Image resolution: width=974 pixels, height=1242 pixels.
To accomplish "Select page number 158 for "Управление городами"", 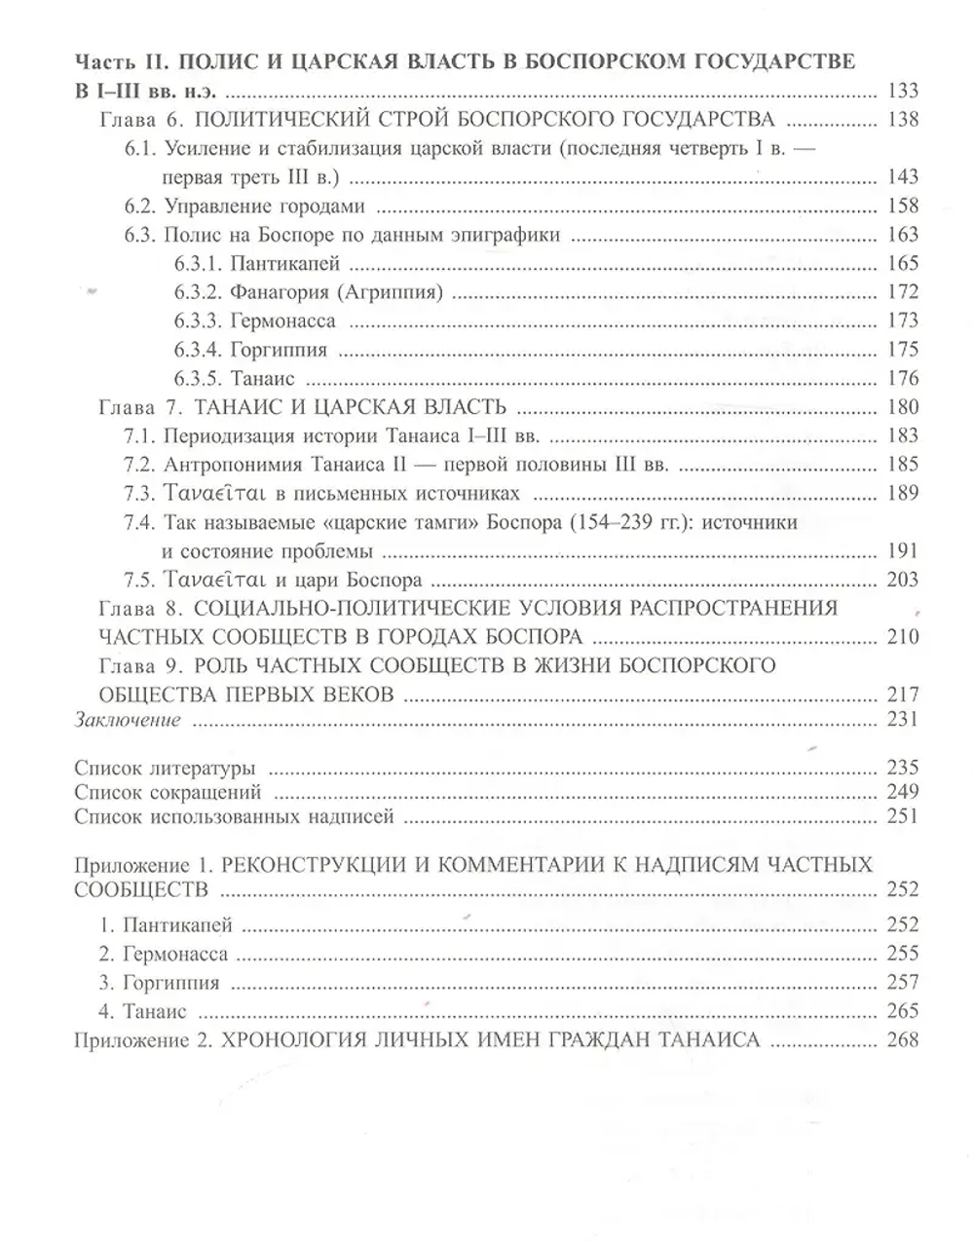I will pos(903,206).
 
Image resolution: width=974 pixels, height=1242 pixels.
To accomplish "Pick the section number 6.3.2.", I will pos(198,292).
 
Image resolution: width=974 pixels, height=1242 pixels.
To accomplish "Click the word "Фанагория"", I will pos(277,292).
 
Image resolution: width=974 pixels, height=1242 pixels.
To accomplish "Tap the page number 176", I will pos(903,378).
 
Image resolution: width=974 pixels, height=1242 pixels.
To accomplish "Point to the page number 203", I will pos(903,580).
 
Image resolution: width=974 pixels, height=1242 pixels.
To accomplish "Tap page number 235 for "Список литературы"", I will pos(903,767).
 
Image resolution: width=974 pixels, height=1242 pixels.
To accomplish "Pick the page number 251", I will pos(903,816).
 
